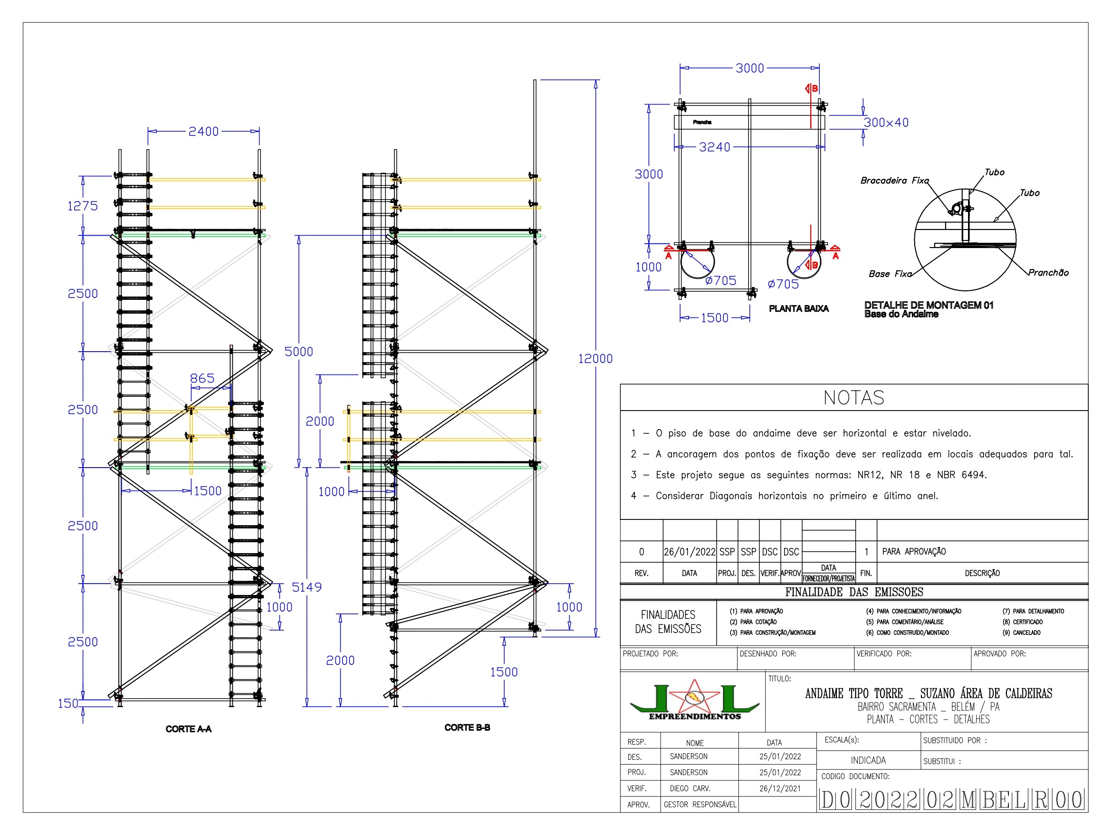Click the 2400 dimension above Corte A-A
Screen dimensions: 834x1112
203,132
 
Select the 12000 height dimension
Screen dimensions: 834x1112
595,359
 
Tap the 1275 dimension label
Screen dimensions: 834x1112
82,206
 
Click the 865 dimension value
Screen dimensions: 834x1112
202,379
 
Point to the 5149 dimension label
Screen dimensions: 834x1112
307,587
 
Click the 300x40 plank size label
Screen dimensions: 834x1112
886,123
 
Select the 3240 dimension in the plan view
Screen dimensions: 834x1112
714,147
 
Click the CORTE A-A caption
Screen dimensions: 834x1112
189,729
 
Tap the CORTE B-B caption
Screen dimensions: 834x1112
467,728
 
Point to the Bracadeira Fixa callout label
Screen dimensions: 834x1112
894,181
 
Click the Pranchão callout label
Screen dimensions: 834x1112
1048,272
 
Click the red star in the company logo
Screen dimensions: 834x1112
694,698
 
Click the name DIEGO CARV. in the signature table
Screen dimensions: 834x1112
689,789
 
